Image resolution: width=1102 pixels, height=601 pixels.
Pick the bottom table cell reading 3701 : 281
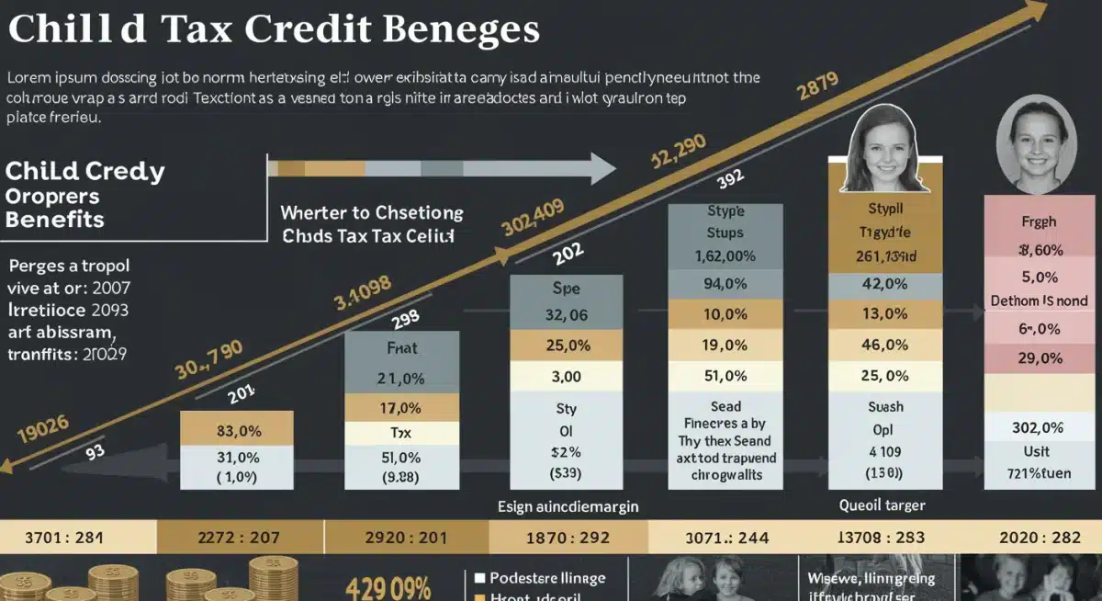pyautogui.click(x=77, y=537)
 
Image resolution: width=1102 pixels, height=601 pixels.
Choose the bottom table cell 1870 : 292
pyautogui.click(x=568, y=537)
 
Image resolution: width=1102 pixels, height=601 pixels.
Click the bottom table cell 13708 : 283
pyautogui.click(x=882, y=537)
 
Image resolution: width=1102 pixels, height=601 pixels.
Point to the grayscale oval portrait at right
pyautogui.click(x=1035, y=145)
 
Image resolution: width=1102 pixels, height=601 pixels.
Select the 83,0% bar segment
pyautogui.click(x=237, y=428)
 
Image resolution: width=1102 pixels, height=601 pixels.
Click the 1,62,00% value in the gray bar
pyautogui.click(x=725, y=256)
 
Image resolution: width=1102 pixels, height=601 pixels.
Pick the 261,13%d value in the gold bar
pyautogui.click(x=885, y=256)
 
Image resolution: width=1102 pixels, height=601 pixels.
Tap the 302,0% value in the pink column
pyautogui.click(x=1038, y=427)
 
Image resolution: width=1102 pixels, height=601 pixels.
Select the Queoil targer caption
pyautogui.click(x=882, y=505)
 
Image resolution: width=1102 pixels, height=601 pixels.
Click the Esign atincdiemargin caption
pyautogui.click(x=568, y=505)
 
